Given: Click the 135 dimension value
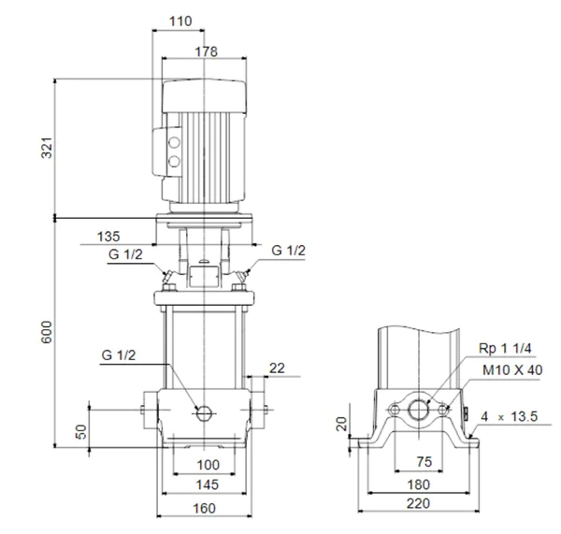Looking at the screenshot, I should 108,236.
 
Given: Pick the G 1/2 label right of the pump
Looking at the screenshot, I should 287,251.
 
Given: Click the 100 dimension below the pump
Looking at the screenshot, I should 207,465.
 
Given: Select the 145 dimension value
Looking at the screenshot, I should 207,485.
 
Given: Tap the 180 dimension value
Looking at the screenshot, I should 420,485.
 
